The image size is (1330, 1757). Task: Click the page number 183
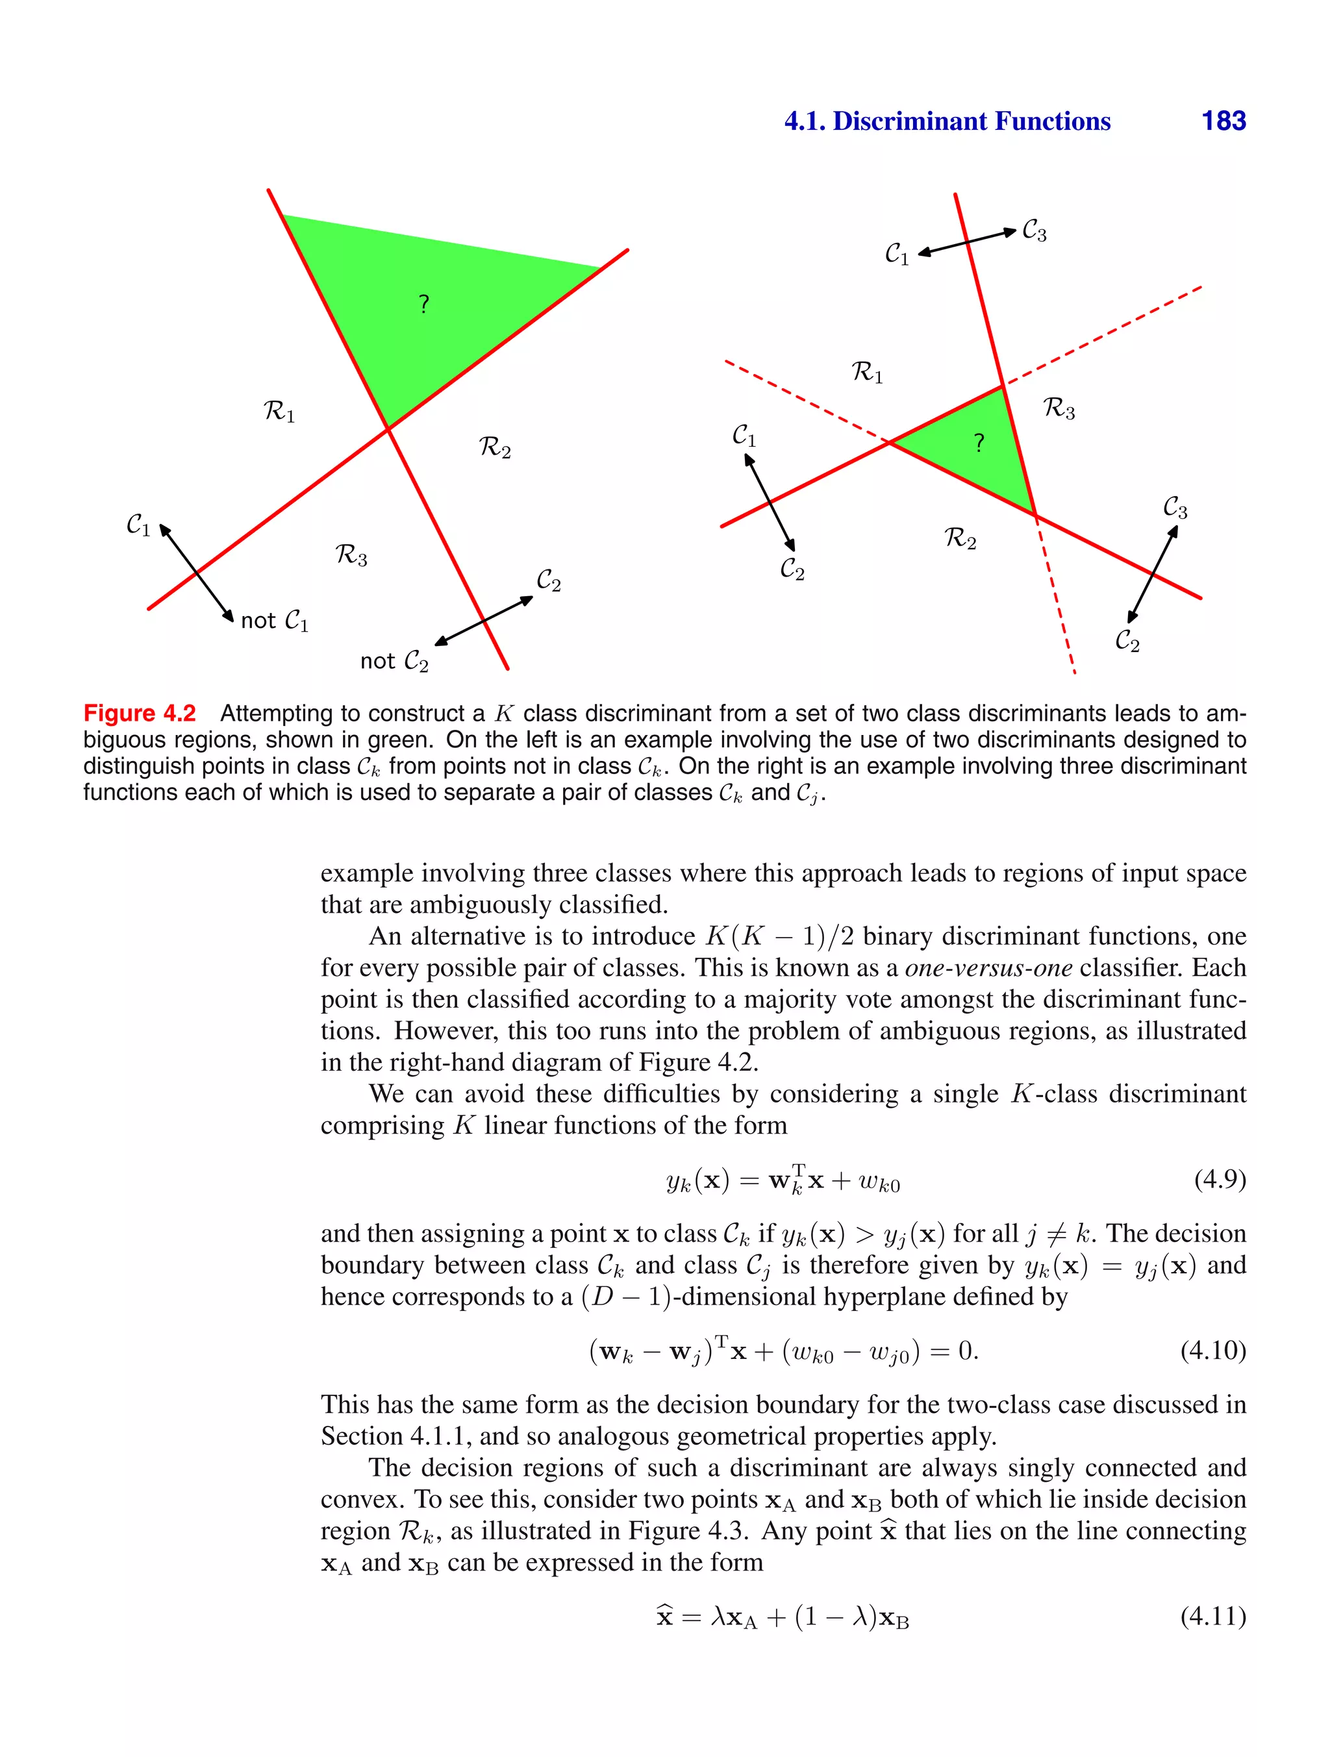click(1223, 121)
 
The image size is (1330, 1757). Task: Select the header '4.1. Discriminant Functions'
click(947, 121)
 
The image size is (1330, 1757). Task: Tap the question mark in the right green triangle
click(979, 442)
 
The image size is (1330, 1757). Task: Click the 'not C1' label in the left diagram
click(274, 620)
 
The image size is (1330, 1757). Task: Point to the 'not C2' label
click(394, 661)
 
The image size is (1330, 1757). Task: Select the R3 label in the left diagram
click(351, 555)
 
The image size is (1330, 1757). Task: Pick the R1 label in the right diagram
click(867, 372)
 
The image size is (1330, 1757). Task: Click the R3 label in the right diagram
click(1059, 408)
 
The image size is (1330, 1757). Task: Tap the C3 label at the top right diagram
click(1034, 231)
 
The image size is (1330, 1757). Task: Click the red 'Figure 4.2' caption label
click(140, 714)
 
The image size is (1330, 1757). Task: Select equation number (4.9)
click(1220, 1180)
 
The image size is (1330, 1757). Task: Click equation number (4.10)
click(1212, 1351)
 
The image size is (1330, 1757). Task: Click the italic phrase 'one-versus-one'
click(988, 967)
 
